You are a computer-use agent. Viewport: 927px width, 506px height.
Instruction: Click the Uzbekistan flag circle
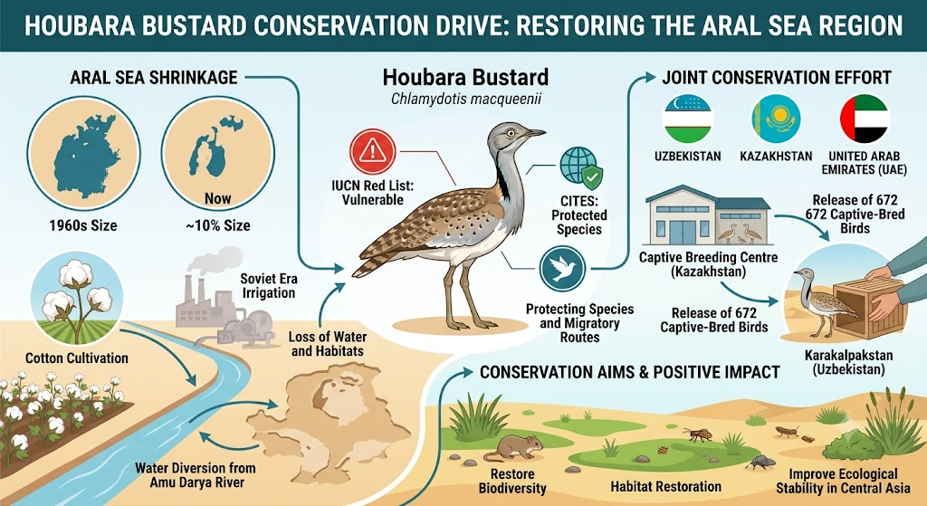point(687,119)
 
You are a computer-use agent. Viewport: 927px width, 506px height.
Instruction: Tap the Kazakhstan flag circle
point(776,119)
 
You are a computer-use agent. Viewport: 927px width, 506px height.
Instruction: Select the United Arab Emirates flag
point(865,119)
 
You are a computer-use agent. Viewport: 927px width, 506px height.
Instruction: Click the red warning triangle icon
point(372,152)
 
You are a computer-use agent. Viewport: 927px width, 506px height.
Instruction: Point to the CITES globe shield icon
point(581,167)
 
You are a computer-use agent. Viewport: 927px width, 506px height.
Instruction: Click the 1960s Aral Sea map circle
point(83,154)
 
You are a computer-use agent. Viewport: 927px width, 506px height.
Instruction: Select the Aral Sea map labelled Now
point(217,154)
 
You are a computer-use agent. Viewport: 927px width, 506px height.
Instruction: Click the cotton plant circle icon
point(76,298)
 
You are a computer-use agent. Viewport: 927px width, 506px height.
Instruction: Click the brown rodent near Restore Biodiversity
point(514,447)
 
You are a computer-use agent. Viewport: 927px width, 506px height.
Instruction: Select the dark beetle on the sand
point(760,463)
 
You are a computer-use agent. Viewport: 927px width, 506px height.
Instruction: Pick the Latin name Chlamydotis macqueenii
point(466,100)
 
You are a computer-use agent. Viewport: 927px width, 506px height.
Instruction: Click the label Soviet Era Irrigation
point(268,285)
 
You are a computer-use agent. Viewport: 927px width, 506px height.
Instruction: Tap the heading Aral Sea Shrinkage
point(154,78)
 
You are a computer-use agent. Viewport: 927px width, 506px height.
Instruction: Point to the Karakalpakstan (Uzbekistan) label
point(849,363)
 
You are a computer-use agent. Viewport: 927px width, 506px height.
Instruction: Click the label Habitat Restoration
point(665,487)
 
